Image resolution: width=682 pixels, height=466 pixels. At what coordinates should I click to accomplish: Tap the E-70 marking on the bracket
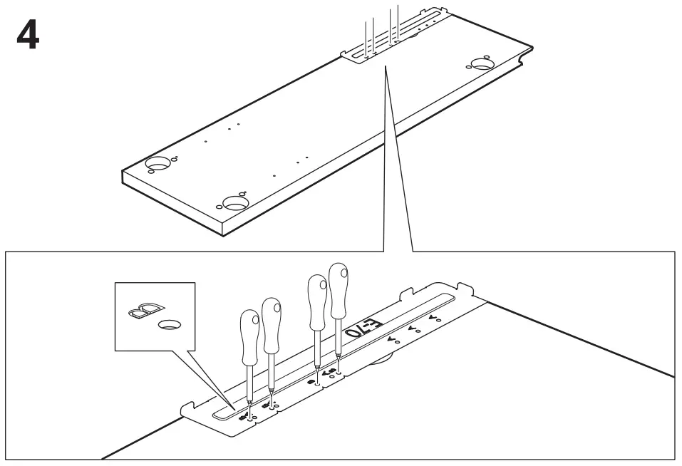363,328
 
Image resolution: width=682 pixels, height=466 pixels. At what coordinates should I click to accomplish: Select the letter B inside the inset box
144,309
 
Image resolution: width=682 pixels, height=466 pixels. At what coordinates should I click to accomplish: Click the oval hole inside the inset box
169,325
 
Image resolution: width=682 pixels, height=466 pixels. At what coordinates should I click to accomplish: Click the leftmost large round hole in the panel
158,164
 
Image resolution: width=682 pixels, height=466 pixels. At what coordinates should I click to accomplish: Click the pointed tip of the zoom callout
386,68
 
